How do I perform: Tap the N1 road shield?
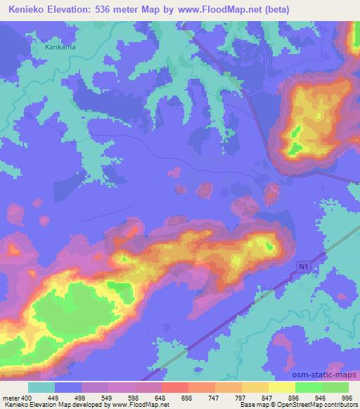point(302,266)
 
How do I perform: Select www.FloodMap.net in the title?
point(217,8)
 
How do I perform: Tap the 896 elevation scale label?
point(295,397)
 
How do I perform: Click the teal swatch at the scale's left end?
point(41,387)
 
